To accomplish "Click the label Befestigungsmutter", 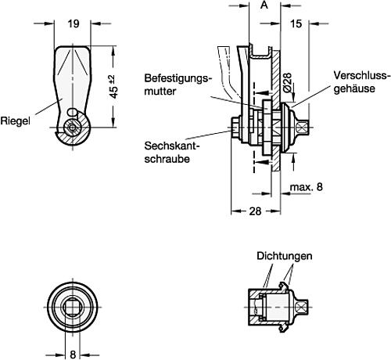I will pos(177,85).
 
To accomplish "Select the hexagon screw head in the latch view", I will pos(72,126).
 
